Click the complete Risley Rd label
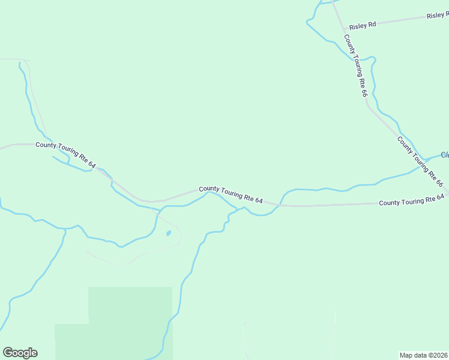click(x=363, y=25)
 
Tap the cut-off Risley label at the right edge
click(x=438, y=15)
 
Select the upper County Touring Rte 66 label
click(x=355, y=65)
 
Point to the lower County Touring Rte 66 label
click(x=420, y=161)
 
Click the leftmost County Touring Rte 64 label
click(x=65, y=154)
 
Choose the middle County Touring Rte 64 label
click(x=231, y=193)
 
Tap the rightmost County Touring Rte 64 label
click(x=411, y=200)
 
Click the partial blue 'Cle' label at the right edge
click(x=445, y=155)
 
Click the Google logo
click(x=20, y=353)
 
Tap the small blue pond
click(x=169, y=233)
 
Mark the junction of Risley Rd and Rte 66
click(x=344, y=28)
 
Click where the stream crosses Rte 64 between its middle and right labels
click(x=280, y=205)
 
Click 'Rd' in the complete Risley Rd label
click(x=372, y=23)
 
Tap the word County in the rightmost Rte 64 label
click(x=390, y=203)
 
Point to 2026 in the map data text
click(x=440, y=355)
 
